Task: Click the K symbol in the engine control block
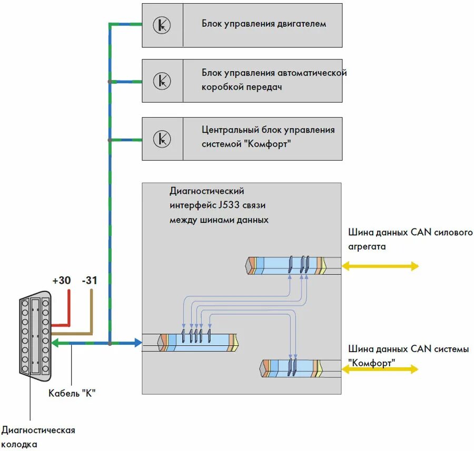tap(162, 25)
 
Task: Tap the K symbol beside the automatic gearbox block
tap(162, 81)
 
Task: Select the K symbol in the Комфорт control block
tap(162, 138)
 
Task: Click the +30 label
tap(62, 280)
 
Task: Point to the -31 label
tap(90, 280)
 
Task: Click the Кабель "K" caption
tap(72, 393)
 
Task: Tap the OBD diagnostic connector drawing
tap(35, 336)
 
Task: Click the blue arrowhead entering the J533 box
tap(138, 343)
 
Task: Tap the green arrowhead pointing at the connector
tap(56, 343)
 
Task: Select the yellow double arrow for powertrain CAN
tap(380, 266)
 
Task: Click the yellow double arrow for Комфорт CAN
tap(380, 369)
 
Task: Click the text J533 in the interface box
tap(229, 205)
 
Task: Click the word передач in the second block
tap(264, 87)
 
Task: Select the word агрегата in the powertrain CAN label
tap(367, 247)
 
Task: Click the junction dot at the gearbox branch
tap(110, 82)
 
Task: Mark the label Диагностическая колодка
tap(38, 437)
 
